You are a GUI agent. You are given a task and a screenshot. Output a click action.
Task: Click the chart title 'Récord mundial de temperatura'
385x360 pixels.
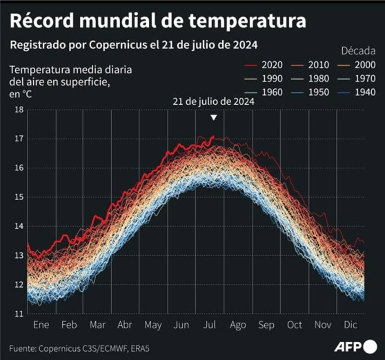click(158, 21)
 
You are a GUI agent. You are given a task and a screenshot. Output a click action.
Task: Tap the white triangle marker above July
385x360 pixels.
click(214, 118)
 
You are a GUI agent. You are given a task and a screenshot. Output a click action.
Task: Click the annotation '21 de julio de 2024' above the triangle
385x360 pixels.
click(213, 101)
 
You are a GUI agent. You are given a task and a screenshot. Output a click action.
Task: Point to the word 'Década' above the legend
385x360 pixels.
click(358, 51)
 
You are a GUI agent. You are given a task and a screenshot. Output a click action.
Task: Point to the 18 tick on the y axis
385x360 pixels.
click(19, 110)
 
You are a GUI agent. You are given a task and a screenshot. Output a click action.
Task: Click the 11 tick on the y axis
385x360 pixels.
click(19, 314)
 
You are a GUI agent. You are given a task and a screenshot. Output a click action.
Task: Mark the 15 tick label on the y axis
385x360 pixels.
click(19, 197)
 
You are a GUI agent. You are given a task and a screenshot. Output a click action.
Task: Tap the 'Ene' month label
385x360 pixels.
click(41, 325)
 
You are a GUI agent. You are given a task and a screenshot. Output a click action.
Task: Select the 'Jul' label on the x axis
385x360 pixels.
click(209, 325)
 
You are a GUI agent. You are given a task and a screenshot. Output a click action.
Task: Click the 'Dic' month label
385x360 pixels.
click(350, 325)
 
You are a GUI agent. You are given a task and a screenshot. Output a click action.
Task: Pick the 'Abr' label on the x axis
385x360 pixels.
click(124, 325)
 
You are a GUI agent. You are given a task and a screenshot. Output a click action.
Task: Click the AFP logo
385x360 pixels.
click(355, 347)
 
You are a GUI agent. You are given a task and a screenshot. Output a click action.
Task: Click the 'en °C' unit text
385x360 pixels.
click(21, 94)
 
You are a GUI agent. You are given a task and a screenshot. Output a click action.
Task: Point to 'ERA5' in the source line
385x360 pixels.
click(140, 348)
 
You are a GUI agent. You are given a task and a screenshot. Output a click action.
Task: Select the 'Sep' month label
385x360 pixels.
click(266, 325)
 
